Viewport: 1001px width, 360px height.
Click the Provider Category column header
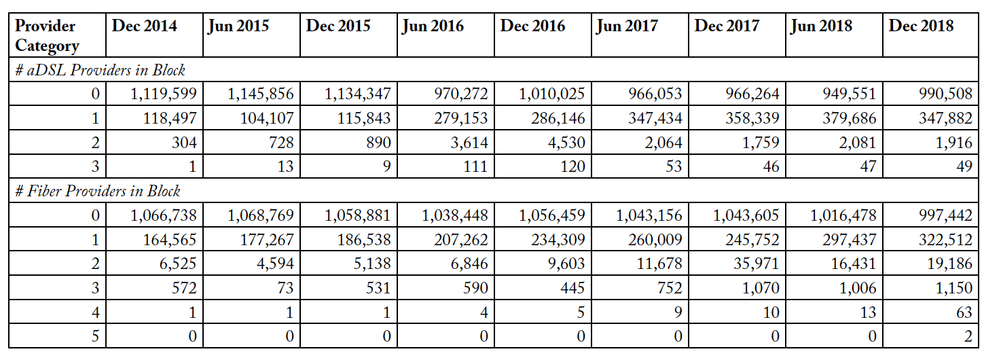(47, 36)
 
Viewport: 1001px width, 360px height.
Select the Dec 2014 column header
(144, 26)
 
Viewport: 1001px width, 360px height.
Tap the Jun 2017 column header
(627, 26)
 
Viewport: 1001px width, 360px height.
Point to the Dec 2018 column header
(921, 26)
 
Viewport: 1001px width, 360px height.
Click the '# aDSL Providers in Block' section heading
(100, 70)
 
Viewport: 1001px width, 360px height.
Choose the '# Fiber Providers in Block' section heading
(98, 191)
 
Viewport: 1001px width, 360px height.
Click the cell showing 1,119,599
(163, 94)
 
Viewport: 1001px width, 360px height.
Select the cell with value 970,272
(460, 94)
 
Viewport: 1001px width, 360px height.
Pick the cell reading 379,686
(849, 118)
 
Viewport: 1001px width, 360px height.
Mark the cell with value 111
(475, 166)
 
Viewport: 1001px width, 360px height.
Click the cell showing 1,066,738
(163, 215)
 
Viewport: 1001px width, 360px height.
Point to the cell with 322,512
(945, 240)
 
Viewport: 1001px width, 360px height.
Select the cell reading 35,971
(756, 264)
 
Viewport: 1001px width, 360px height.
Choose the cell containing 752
(669, 288)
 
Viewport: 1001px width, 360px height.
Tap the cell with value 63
(964, 312)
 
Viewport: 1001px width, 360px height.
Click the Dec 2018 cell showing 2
(968, 336)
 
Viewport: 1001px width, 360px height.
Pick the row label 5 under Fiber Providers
(95, 336)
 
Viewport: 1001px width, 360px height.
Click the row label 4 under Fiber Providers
(95, 312)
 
